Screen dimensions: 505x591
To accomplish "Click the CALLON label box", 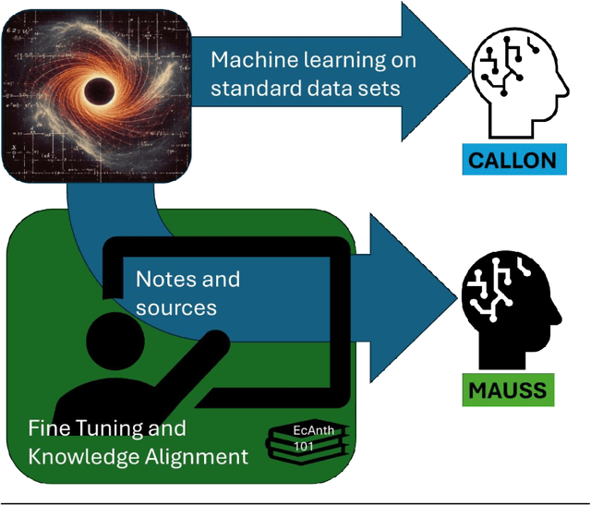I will [x=513, y=161].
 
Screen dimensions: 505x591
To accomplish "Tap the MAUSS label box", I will [x=506, y=391].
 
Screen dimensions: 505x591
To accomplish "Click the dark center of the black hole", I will [x=95, y=90].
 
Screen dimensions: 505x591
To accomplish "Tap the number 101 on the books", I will [x=303, y=447].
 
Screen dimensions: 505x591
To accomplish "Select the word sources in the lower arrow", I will [x=176, y=307].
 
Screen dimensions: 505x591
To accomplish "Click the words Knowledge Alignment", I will [x=138, y=456].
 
